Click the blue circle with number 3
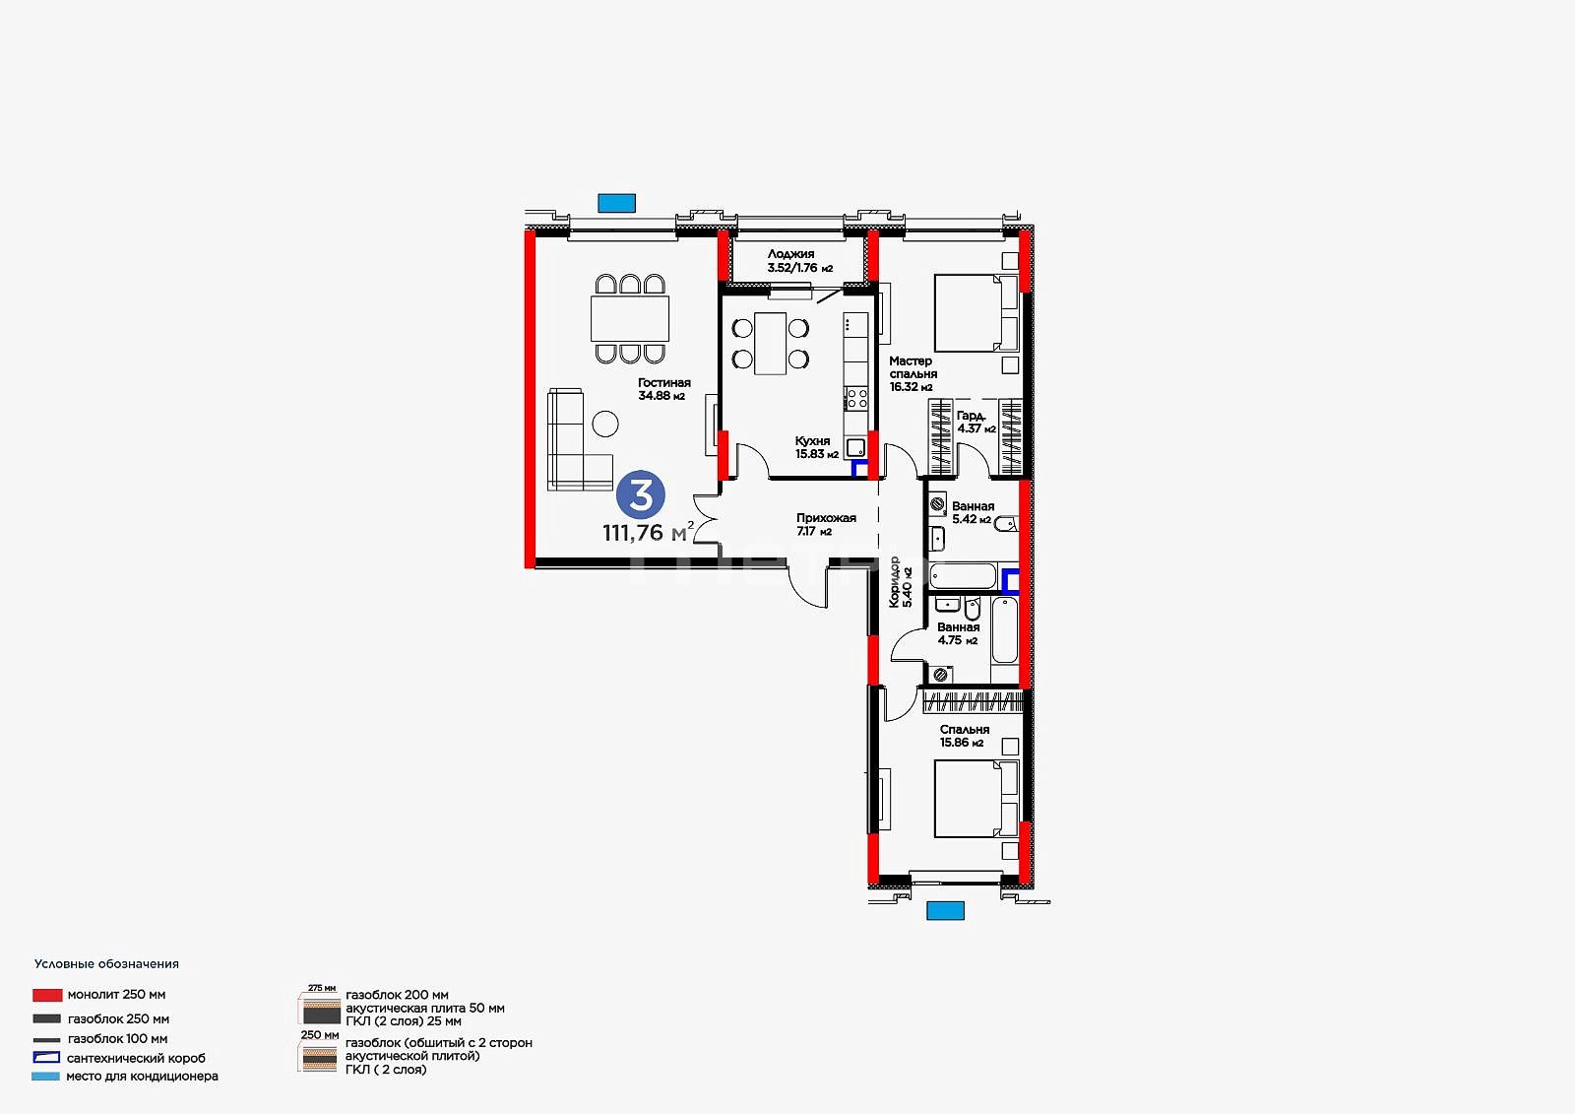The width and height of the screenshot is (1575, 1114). [641, 494]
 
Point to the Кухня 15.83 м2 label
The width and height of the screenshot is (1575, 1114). [816, 447]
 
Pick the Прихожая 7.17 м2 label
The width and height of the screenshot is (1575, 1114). [826, 524]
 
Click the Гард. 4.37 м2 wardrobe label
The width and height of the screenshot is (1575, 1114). [976, 423]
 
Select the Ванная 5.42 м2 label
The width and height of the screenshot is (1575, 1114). [973, 512]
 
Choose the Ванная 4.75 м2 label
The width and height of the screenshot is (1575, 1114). [958, 633]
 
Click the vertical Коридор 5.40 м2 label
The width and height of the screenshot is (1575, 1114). [900, 581]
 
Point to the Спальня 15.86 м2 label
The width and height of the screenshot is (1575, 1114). [964, 736]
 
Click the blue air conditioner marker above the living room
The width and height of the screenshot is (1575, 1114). [616, 203]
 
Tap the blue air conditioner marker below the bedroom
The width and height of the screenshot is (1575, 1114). [945, 911]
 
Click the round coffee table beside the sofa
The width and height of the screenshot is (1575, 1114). [604, 424]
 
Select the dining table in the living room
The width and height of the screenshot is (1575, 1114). [629, 319]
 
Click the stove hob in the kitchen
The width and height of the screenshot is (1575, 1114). [855, 398]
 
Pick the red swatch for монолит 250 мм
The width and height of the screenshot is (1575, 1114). [47, 995]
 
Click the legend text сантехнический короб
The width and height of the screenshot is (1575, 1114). [137, 1058]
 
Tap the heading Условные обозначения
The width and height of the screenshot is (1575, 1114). [106, 964]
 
